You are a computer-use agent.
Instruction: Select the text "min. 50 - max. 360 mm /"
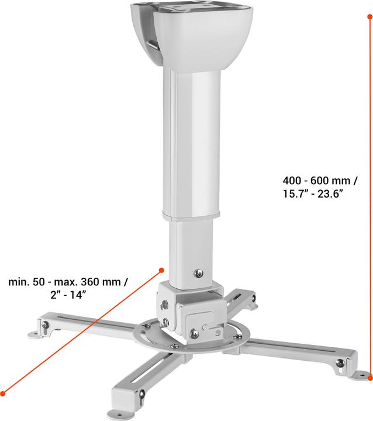[68, 282]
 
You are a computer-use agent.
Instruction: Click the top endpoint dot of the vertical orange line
[369, 18]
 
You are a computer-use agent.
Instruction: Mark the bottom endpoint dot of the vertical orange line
[369, 378]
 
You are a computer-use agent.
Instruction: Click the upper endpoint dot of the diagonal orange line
[161, 270]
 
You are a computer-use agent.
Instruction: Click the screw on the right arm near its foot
[339, 363]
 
